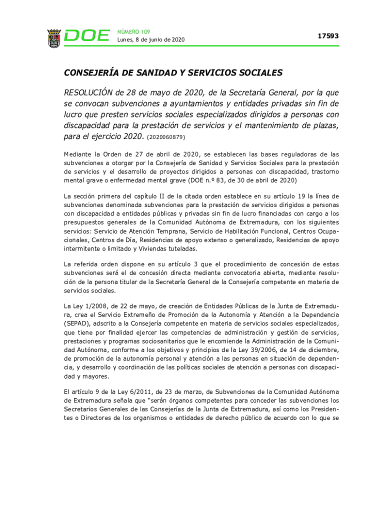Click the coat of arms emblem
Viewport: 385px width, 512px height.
point(53,37)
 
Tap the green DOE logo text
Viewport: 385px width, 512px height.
point(87,36)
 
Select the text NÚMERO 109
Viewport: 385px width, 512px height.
point(133,31)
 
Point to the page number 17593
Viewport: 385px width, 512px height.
point(328,36)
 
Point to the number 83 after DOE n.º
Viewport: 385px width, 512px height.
point(209,179)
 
